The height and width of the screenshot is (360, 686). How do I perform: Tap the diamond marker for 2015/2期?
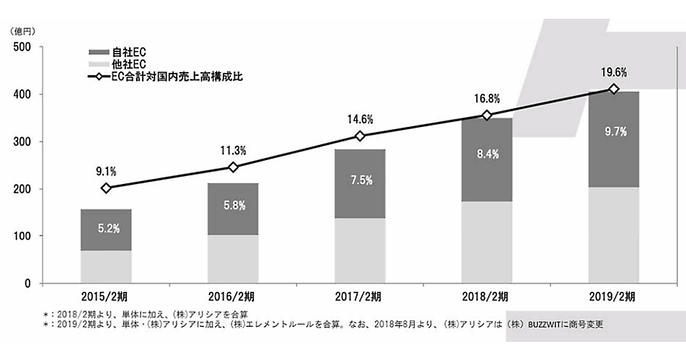point(106,188)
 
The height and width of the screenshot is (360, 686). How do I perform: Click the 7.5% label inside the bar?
point(360,180)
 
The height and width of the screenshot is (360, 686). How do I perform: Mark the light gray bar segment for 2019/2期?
point(614,235)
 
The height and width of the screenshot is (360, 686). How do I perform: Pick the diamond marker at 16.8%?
point(487,115)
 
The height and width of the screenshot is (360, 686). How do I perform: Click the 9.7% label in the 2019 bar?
point(614,131)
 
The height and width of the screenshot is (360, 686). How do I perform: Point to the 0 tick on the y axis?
point(27,283)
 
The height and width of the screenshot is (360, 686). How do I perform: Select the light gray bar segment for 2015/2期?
point(106,267)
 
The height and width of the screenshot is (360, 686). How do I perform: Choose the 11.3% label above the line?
point(233,150)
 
